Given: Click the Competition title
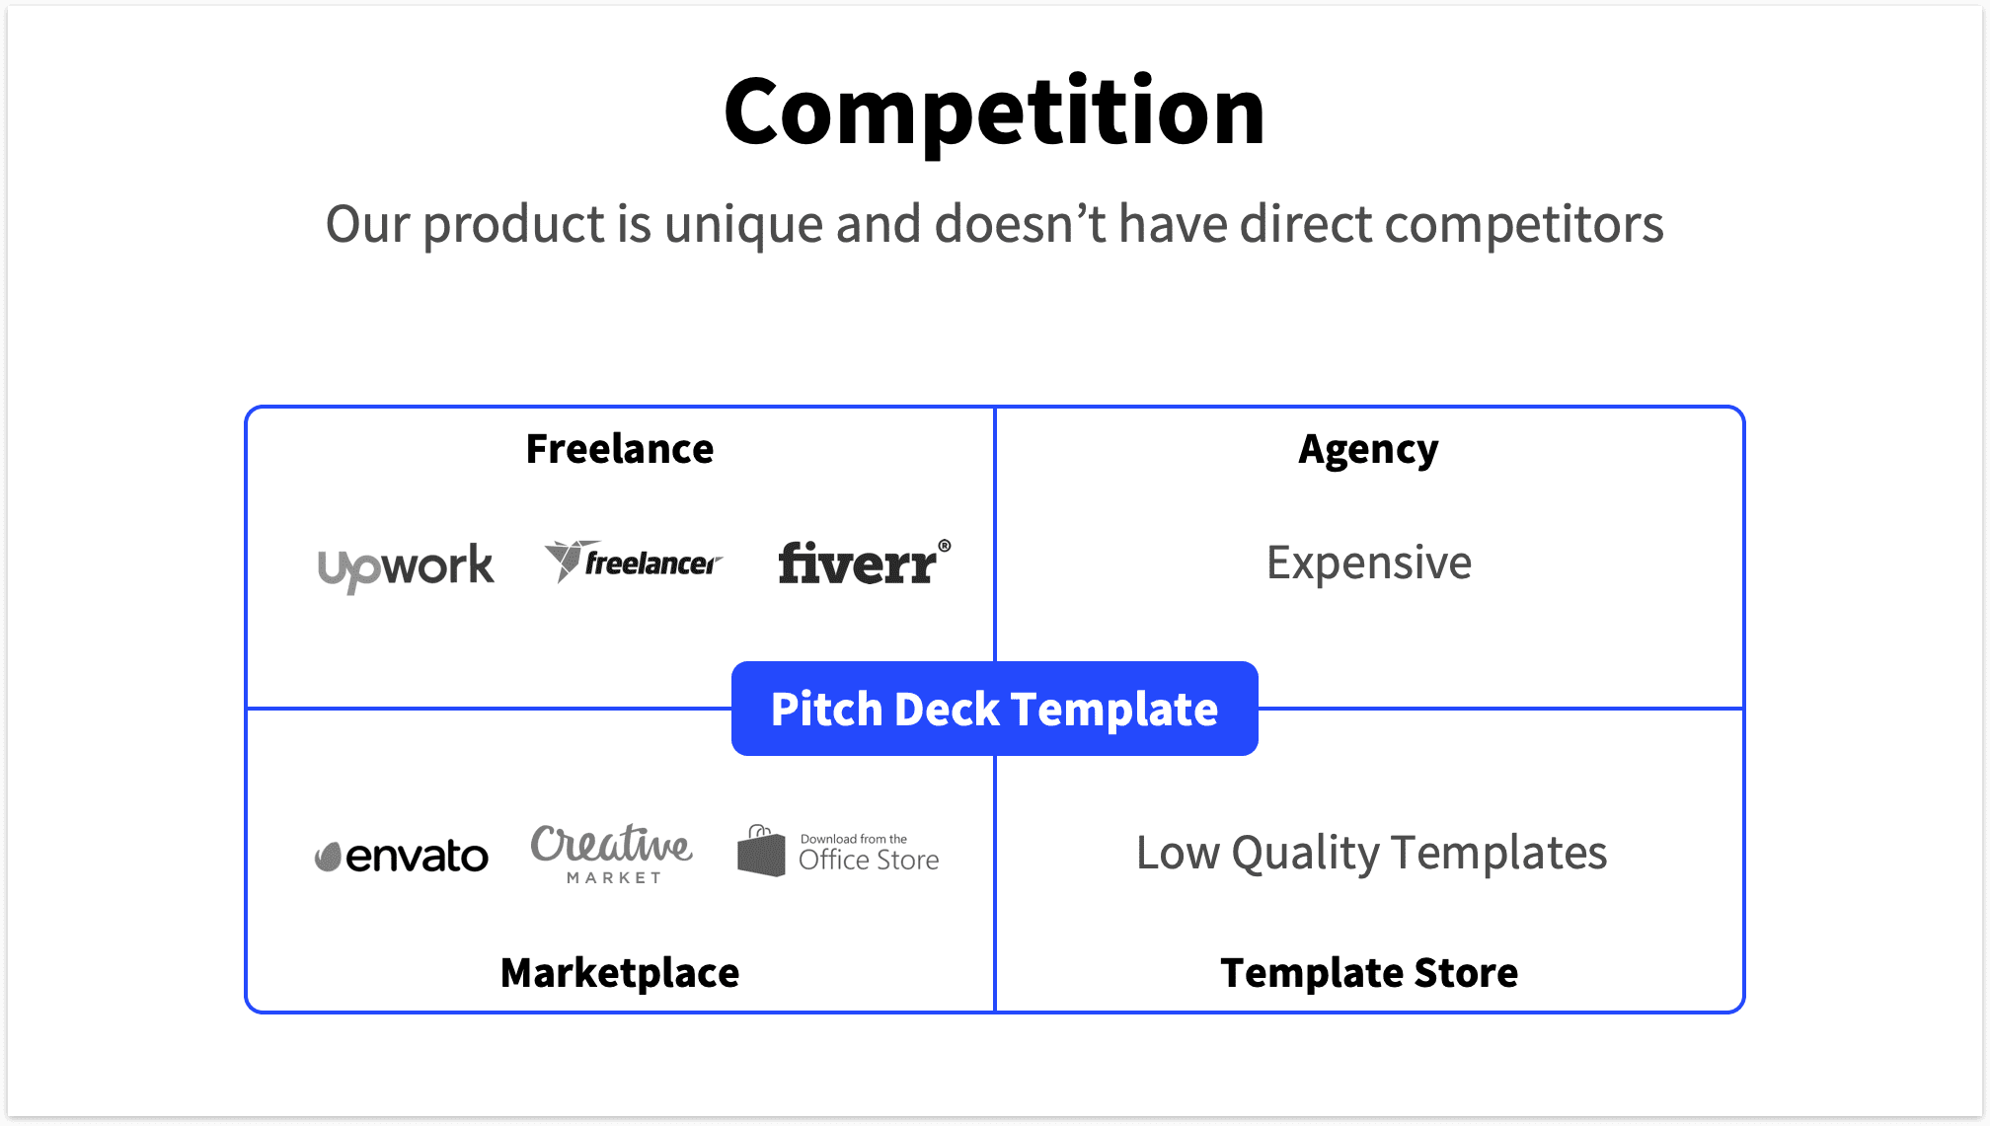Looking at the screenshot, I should [994, 113].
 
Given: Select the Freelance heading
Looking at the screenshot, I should [619, 449].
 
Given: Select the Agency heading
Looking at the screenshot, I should [1368, 449].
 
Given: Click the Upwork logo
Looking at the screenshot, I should [406, 566].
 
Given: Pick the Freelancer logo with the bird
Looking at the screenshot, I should [633, 562].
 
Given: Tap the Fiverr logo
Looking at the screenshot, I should [857, 564].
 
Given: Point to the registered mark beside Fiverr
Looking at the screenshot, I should [945, 546].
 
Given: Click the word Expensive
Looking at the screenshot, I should [1368, 563].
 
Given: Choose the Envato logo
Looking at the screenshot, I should [402, 856].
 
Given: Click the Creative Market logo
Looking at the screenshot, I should [611, 851].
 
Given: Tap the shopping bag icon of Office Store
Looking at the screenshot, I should [760, 852].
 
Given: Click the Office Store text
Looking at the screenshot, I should [869, 860].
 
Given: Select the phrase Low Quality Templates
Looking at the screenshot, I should [1371, 853].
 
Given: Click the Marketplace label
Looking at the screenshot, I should [619, 973].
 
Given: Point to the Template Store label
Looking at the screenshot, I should [1368, 973].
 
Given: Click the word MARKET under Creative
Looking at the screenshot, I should [613, 877].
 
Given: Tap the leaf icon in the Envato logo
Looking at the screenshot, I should [328, 857].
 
